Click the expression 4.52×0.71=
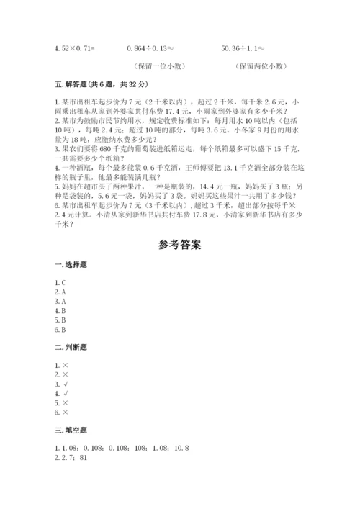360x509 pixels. (75, 48)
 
